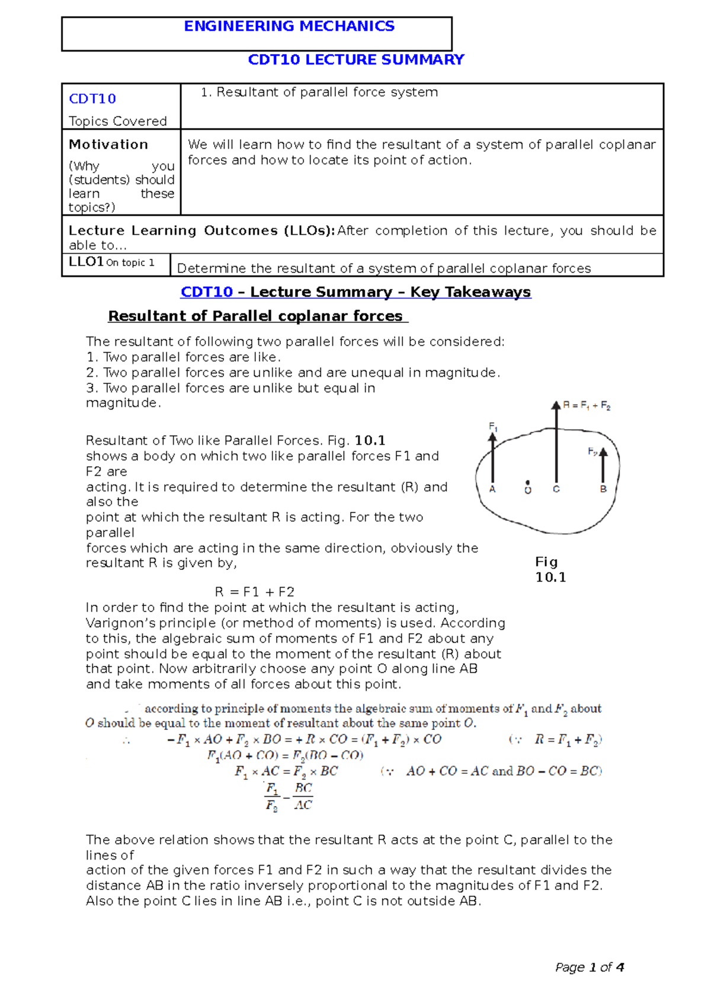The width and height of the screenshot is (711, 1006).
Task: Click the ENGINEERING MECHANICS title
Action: point(289,27)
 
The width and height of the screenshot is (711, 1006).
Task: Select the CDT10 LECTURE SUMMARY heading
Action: point(355,60)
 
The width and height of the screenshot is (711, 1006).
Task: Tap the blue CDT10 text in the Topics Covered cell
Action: point(92,99)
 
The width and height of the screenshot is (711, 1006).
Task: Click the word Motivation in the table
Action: point(108,145)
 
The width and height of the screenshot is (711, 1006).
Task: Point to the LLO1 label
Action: point(87,262)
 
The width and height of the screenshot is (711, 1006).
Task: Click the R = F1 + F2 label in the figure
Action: point(586,406)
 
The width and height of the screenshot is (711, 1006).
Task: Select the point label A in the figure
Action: point(492,489)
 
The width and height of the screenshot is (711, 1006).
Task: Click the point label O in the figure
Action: point(528,490)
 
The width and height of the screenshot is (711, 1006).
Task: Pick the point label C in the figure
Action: point(556,489)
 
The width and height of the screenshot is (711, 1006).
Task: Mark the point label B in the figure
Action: point(603,489)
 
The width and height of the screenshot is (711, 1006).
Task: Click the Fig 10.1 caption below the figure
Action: point(550,569)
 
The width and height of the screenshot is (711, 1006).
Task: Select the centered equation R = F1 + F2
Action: point(254,592)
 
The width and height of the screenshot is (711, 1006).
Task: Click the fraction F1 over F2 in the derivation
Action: point(271,797)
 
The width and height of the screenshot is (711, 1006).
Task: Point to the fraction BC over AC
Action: point(303,797)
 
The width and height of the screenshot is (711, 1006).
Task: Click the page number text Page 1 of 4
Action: point(589,967)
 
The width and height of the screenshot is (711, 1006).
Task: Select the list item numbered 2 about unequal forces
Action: point(293,373)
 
